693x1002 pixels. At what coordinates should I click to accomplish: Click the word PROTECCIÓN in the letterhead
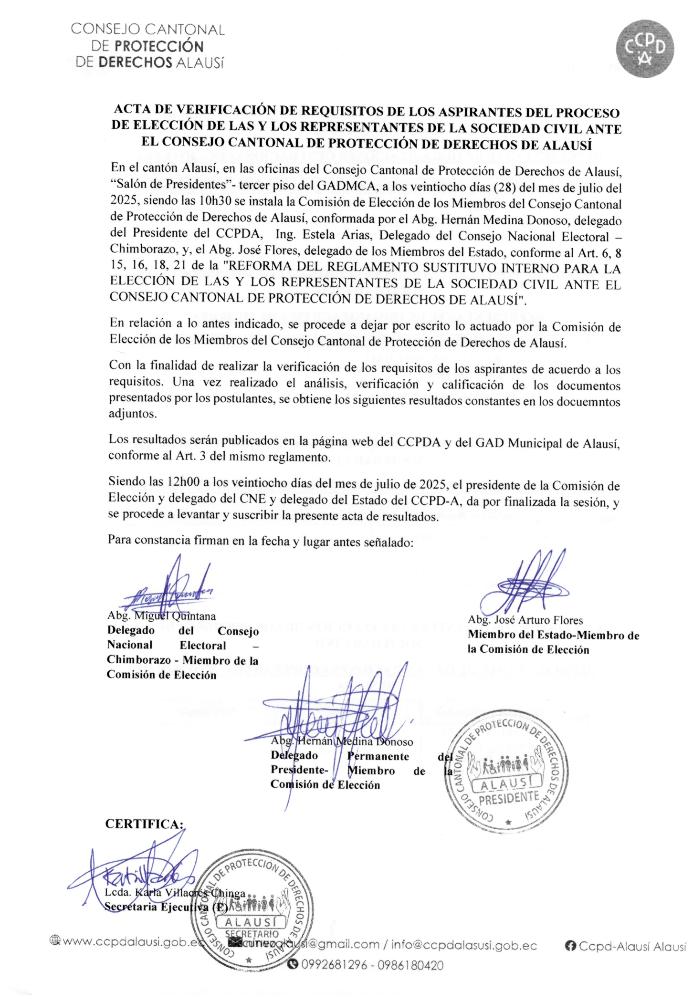point(159,46)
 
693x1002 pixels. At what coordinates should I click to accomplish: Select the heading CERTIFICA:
point(145,824)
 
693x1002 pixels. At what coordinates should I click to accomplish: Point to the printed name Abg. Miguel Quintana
point(161,616)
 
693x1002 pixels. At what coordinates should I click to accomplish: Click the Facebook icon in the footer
point(570,946)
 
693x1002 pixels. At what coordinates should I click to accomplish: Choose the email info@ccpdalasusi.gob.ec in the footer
point(464,945)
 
